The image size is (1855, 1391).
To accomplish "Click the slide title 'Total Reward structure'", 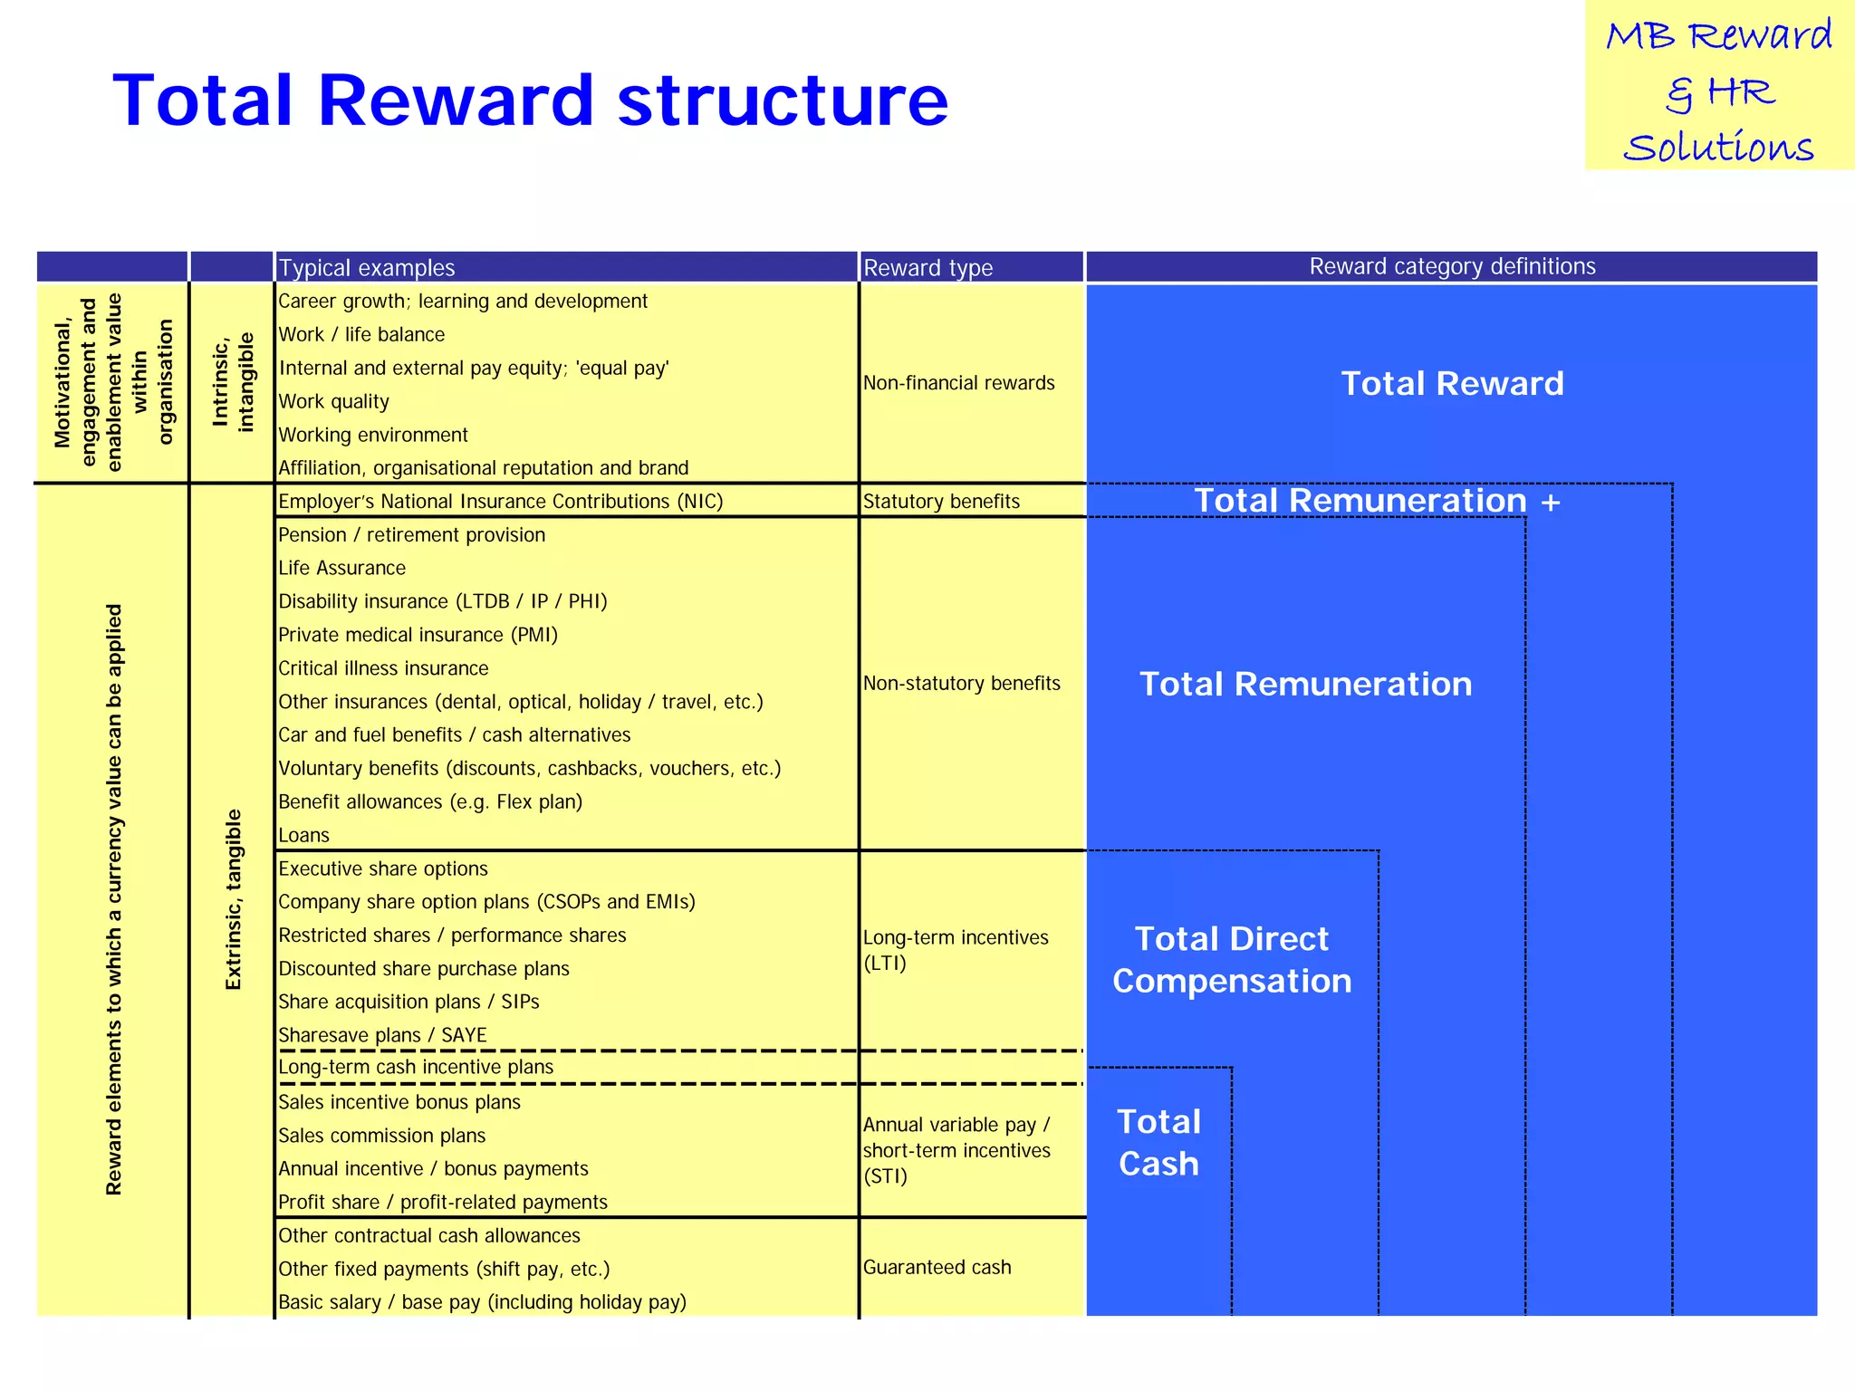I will (x=530, y=100).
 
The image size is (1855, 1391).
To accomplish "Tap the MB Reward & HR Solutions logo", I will (x=1718, y=91).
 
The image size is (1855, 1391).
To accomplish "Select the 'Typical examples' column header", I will (x=367, y=268).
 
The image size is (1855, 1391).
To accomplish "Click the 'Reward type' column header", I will (x=927, y=268).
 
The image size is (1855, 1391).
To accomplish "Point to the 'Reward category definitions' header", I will (x=1452, y=266).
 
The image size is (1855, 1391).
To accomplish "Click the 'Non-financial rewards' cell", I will (x=958, y=383).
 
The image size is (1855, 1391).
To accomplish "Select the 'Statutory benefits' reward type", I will (x=941, y=502).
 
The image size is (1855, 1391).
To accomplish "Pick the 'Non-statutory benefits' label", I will (x=961, y=684).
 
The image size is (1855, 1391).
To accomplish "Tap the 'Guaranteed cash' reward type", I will (x=937, y=1268).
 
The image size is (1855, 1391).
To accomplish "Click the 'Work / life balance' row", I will (x=361, y=335).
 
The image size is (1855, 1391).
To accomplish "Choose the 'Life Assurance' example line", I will (x=341, y=569).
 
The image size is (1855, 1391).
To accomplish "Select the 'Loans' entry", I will (x=303, y=836).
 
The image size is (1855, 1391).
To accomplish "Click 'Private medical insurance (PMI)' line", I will (x=418, y=636).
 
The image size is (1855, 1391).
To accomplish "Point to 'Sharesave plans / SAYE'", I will (x=382, y=1035).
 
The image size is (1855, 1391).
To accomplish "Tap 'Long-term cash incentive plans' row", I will (x=416, y=1068).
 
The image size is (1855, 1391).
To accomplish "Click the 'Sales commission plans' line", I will (x=381, y=1136).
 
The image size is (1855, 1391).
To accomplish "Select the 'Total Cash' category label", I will (x=1158, y=1143).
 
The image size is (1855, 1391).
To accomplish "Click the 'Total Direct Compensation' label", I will (x=1232, y=960).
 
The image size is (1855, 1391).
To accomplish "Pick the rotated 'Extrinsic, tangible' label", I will (x=233, y=899).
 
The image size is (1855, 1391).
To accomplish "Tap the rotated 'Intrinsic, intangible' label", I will (x=233, y=381).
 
